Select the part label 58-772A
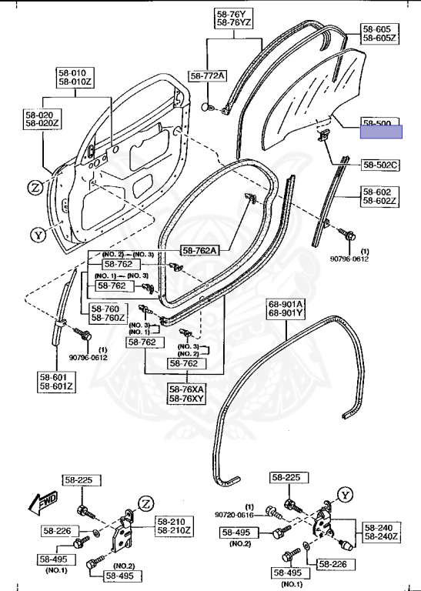click(x=207, y=76)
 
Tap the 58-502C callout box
click(x=380, y=165)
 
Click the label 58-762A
click(x=200, y=250)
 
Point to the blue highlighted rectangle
click(x=381, y=132)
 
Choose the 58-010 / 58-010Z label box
click(x=75, y=77)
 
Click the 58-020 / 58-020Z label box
click(x=42, y=119)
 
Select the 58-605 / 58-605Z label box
click(x=380, y=34)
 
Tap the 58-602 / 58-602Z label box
click(x=380, y=196)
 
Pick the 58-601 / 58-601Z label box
click(x=56, y=382)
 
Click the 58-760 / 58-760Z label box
click(x=109, y=313)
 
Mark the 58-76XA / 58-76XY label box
click(x=187, y=394)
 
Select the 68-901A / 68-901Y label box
click(x=286, y=309)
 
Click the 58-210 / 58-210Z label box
click(x=174, y=526)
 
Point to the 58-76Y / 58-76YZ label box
click(x=234, y=18)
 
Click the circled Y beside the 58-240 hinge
click(x=345, y=495)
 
